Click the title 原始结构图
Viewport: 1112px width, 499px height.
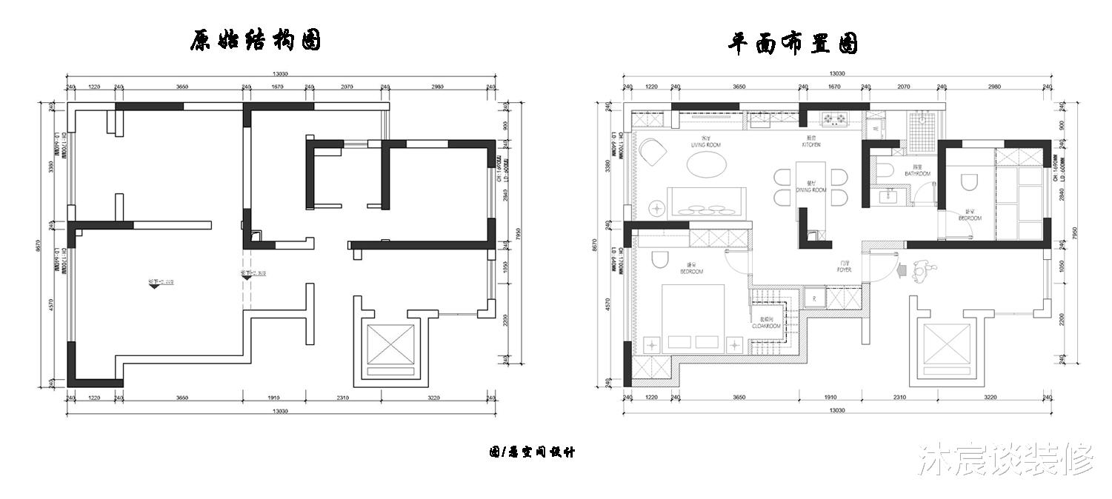tap(255, 41)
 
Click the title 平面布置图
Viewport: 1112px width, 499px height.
tap(793, 44)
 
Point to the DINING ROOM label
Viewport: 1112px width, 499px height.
tap(810, 190)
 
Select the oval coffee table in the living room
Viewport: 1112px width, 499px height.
tap(707, 165)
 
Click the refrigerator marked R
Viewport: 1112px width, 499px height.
tap(814, 298)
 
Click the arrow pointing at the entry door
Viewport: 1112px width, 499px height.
tap(902, 271)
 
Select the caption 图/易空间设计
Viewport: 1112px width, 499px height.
tap(531, 452)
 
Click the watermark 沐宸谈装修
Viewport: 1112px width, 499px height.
tap(1005, 461)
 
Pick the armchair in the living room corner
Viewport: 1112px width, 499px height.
tap(653, 153)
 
